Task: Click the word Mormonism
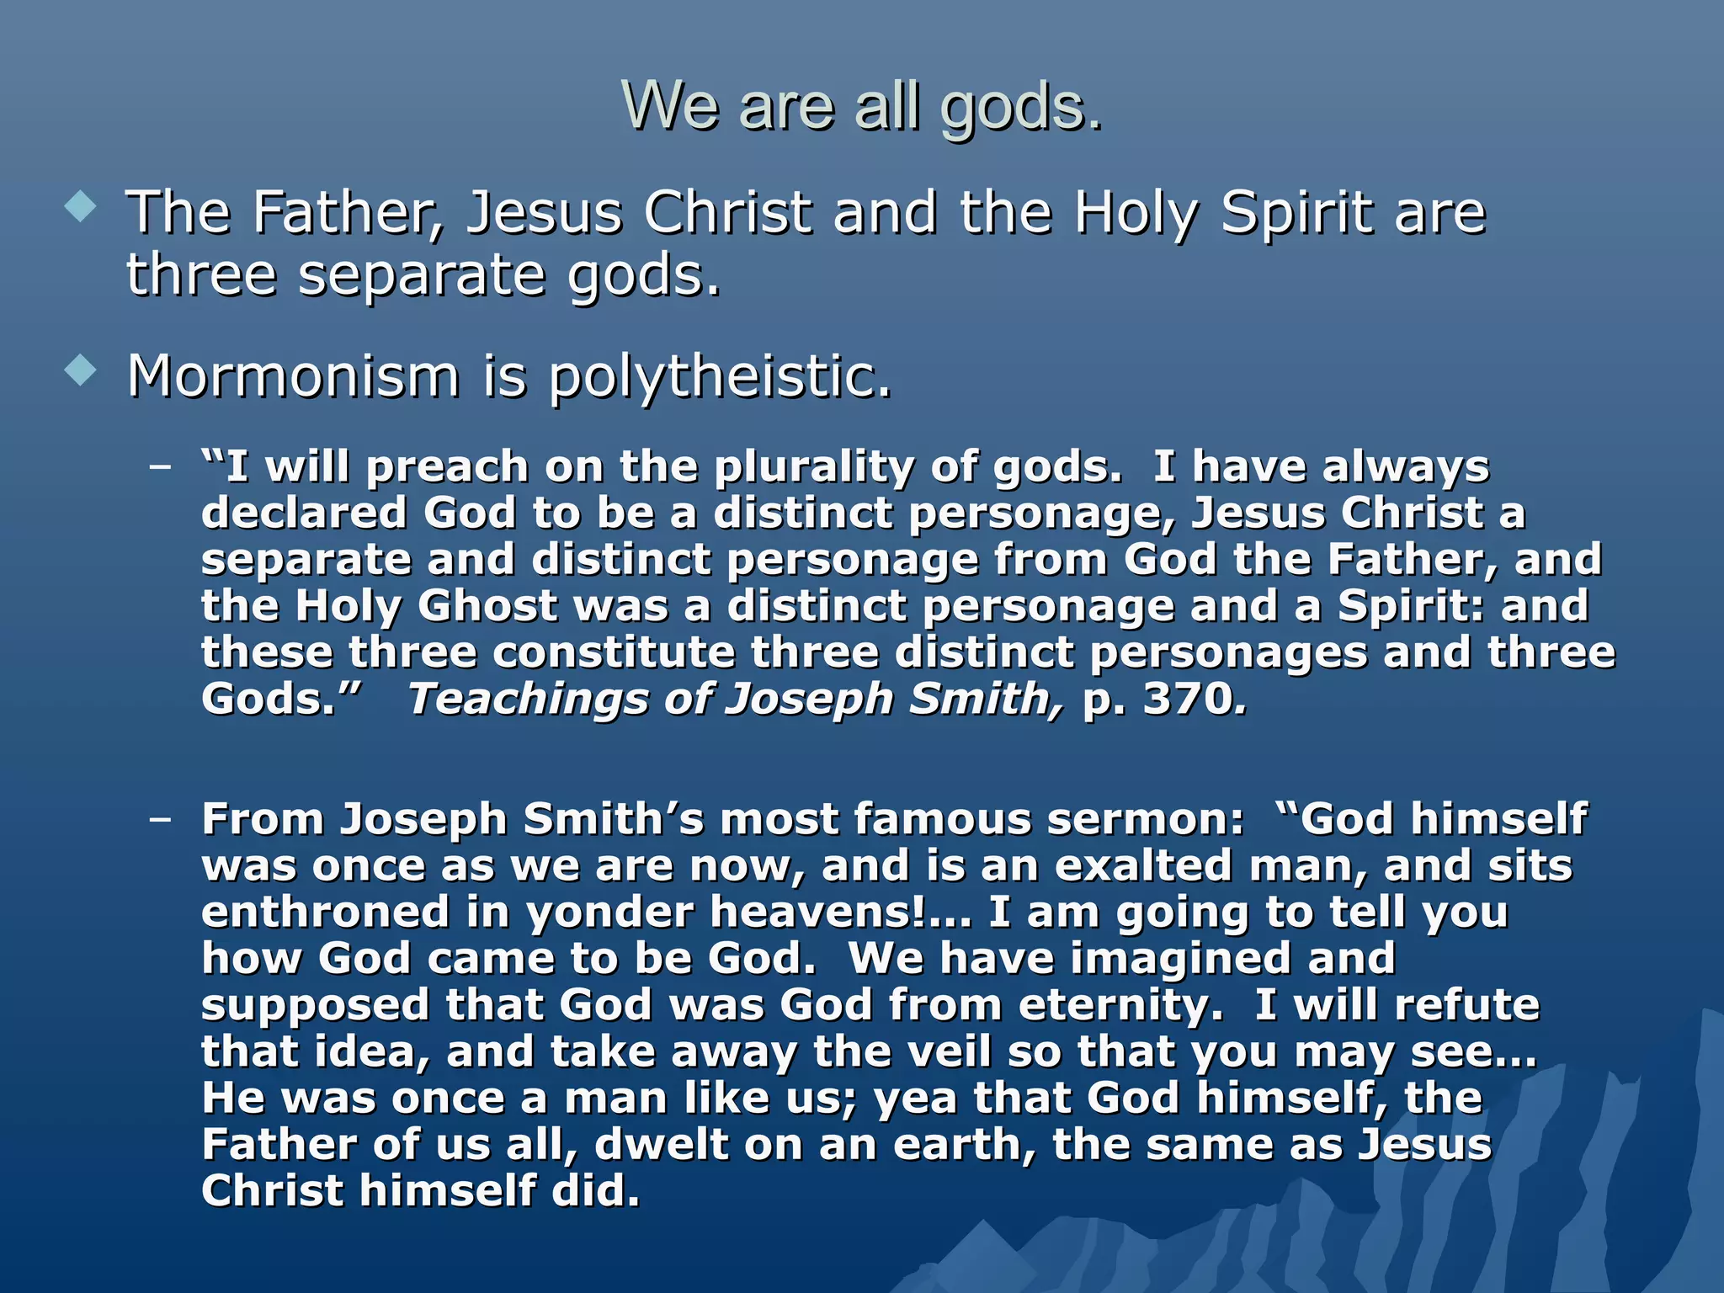tap(293, 376)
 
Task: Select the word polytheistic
tap(719, 376)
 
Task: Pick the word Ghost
tap(487, 606)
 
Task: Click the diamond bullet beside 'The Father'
tap(81, 207)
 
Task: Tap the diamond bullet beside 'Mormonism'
tap(81, 370)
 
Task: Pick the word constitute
tap(614, 653)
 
